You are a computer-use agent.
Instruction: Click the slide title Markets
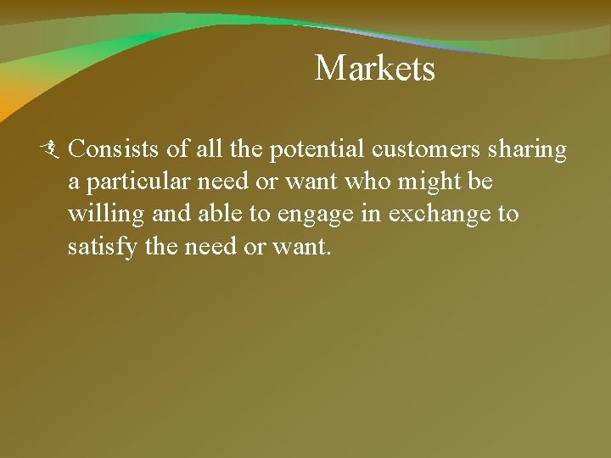coord(374,69)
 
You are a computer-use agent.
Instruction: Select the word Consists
coord(114,149)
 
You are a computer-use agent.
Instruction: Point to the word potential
coord(317,150)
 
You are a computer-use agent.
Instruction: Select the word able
coord(222,213)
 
